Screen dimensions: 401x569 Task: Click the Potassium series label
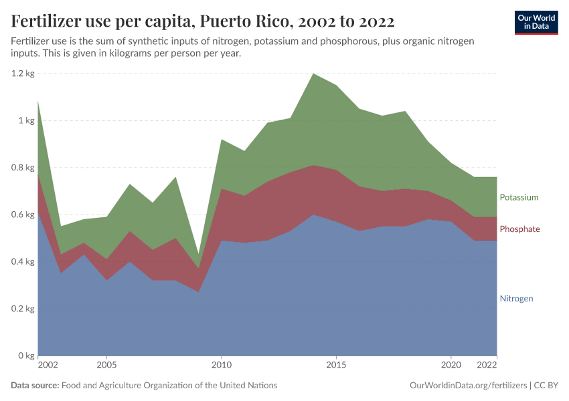[x=519, y=197]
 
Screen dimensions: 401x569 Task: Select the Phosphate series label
[x=519, y=229]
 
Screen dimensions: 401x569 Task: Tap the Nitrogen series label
[x=516, y=299]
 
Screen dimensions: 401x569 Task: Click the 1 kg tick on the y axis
[x=26, y=121]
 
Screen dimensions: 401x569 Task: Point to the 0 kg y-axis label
[x=26, y=356]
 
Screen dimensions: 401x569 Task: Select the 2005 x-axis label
[x=106, y=366]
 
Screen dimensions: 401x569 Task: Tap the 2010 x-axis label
[x=221, y=366]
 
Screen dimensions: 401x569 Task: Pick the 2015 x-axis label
[x=336, y=366]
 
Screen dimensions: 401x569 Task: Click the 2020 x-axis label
[x=451, y=366]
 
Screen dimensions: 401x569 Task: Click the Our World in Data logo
[x=536, y=22]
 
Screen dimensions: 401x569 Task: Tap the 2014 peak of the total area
[x=313, y=74]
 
